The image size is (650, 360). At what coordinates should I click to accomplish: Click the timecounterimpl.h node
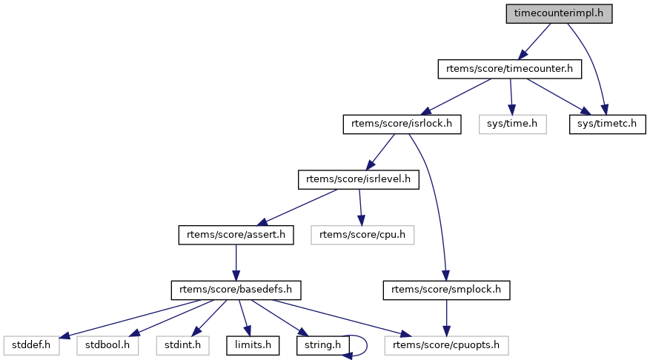[559, 14]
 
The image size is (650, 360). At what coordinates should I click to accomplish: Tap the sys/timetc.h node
[607, 124]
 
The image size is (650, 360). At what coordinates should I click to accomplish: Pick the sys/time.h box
[512, 124]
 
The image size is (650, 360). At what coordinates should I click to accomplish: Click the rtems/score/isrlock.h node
[402, 124]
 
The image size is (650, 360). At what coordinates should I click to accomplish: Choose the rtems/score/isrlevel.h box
[359, 179]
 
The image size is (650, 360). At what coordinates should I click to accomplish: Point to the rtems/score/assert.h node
[236, 235]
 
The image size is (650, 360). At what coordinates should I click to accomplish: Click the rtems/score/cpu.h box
[362, 235]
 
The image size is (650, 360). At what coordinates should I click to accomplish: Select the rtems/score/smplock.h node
[447, 290]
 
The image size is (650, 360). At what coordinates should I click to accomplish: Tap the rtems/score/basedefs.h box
[236, 290]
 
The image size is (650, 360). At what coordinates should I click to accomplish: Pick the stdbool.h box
[107, 344]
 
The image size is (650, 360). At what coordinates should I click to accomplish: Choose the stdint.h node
[183, 344]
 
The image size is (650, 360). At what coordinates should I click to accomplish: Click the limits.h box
[253, 344]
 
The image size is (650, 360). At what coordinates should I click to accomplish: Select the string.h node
[322, 344]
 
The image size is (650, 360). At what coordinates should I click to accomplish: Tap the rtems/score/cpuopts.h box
[447, 344]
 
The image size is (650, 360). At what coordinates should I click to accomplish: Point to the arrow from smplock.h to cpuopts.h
[447, 317]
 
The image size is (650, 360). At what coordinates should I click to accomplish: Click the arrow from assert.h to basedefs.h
[236, 262]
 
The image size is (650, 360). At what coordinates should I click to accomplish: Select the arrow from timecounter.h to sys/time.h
[510, 96]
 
